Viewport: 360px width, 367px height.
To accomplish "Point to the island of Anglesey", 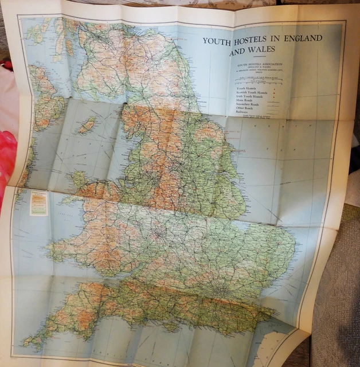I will [80, 179].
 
